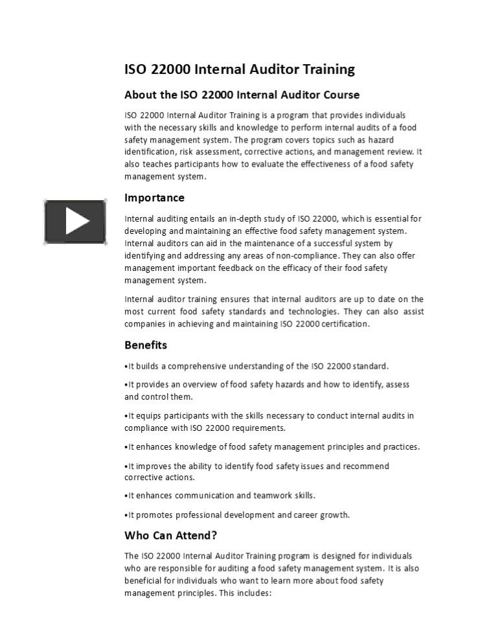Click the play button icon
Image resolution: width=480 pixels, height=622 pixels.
click(x=75, y=222)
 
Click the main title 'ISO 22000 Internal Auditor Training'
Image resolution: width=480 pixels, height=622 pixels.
click(x=240, y=69)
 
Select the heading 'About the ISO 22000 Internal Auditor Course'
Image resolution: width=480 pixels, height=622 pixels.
click(x=242, y=95)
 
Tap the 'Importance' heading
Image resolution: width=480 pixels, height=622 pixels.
click(x=154, y=198)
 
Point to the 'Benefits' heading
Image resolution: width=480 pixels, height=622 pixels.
click(x=146, y=345)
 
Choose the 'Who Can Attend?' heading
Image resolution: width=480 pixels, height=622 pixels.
click(x=170, y=535)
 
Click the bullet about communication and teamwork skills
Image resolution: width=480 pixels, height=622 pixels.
click(x=220, y=496)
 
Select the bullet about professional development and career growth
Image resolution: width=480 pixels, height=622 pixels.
click(x=237, y=515)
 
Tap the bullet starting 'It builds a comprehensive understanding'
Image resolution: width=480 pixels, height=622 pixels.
click(x=257, y=366)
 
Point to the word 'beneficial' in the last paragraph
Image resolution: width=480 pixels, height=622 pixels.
click(x=144, y=581)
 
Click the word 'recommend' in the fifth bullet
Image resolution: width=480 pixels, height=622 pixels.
click(x=366, y=466)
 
